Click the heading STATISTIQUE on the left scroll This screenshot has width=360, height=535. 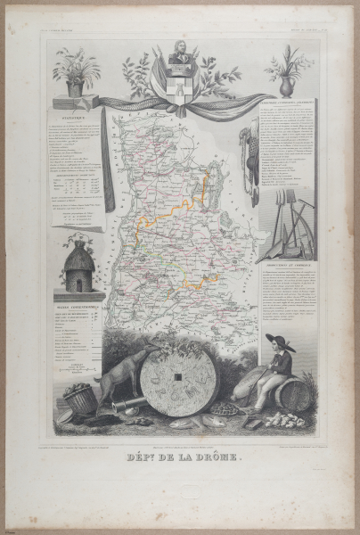click(76, 114)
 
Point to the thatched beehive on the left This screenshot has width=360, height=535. click(79, 264)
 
